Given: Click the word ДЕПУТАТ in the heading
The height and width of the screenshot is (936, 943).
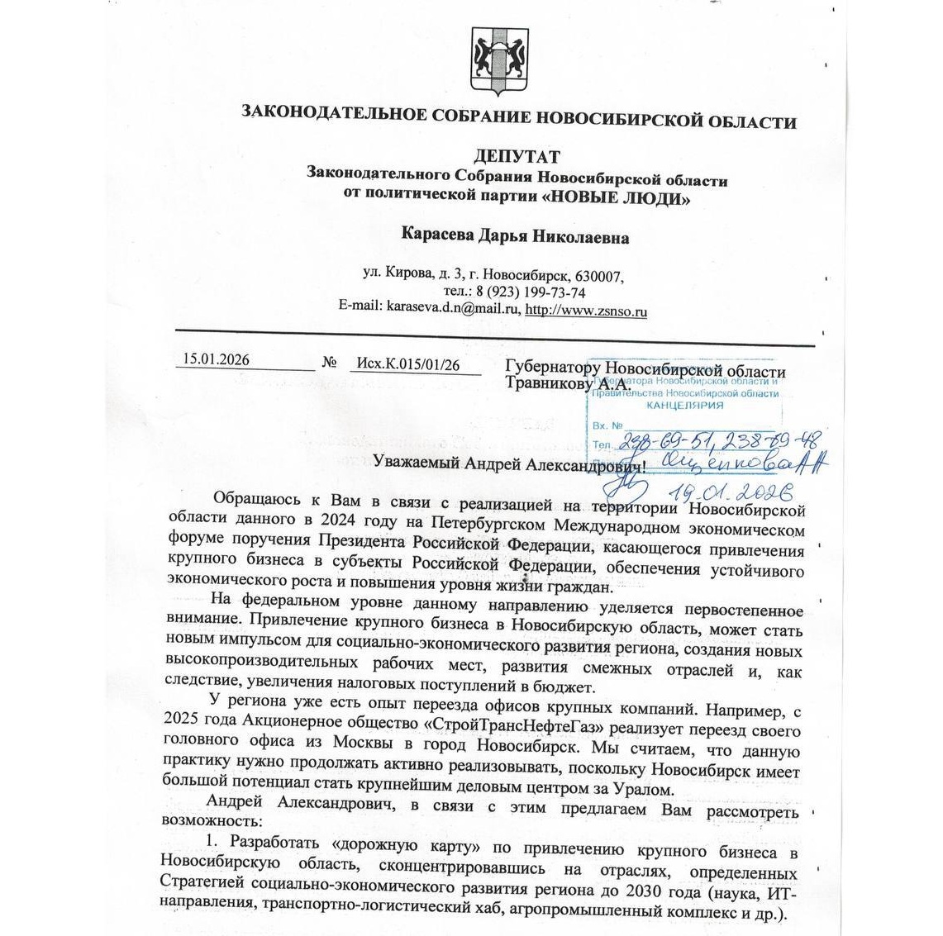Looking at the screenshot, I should tap(517, 157).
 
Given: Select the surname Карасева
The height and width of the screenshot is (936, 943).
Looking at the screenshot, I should tap(439, 237).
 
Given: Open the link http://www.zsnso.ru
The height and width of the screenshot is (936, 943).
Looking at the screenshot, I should tap(586, 311).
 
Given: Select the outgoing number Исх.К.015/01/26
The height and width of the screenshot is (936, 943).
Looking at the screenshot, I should tap(407, 363).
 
